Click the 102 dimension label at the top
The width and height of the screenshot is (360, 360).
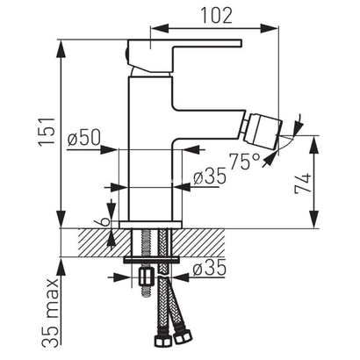point(216,15)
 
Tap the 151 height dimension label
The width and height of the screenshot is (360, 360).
point(47,131)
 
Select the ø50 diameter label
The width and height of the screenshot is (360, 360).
point(84,137)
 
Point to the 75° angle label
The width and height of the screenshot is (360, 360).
point(244,162)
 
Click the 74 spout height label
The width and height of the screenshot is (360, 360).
point(303,183)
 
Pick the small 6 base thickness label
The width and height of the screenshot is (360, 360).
point(106,221)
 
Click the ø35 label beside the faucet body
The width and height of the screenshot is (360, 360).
point(210,176)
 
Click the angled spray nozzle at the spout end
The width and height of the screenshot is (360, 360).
point(262,132)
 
